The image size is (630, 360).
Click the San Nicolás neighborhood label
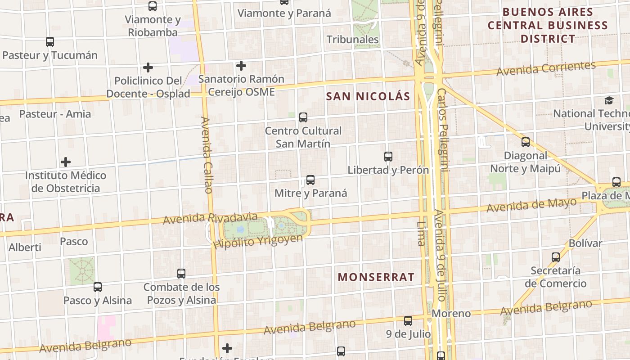[x=368, y=96]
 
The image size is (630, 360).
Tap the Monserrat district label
[x=376, y=277]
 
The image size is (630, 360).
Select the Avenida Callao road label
[x=206, y=155]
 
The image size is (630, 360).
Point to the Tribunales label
[x=353, y=40]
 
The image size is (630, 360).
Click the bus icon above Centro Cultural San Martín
[x=303, y=117]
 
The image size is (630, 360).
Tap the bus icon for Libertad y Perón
[x=388, y=157]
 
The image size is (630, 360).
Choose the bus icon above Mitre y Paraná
[x=310, y=180]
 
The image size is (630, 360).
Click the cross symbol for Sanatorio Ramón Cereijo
[x=241, y=66]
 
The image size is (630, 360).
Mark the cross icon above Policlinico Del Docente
[x=148, y=67]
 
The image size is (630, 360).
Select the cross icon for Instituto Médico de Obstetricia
[x=66, y=162]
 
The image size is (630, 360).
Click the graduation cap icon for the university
[x=609, y=100]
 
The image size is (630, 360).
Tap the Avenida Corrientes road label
[x=546, y=68]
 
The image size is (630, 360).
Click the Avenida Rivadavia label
[x=210, y=218]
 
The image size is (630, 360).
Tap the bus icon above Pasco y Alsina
[x=98, y=287]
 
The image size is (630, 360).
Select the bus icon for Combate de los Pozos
[x=181, y=273]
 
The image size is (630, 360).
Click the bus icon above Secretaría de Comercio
[x=556, y=257]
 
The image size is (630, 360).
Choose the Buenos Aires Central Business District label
[x=548, y=25]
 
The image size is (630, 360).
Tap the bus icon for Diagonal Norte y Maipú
[x=526, y=142]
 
